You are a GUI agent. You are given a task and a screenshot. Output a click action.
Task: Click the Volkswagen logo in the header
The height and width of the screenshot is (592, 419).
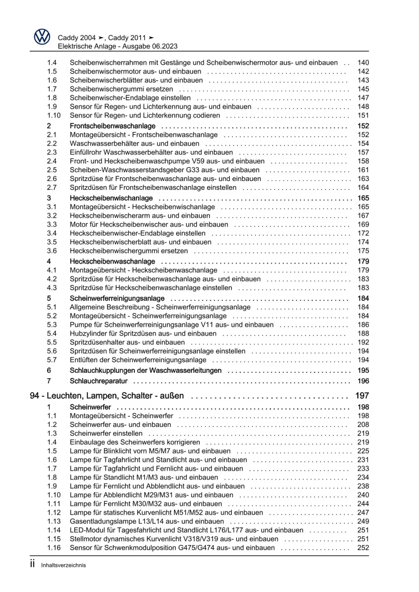pos(42,37)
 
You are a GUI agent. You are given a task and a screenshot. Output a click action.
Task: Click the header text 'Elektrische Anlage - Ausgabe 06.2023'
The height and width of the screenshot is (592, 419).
pos(117,47)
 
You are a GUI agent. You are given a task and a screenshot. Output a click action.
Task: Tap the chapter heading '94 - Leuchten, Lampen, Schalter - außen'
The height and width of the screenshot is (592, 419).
pos(107,396)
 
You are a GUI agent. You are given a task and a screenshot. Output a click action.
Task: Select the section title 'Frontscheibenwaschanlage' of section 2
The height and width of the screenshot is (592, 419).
pos(112,126)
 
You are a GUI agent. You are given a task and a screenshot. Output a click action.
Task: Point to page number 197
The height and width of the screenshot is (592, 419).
pos(362,396)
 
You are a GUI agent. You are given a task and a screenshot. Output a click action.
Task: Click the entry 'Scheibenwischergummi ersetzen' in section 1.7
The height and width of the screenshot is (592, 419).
pos(121,89)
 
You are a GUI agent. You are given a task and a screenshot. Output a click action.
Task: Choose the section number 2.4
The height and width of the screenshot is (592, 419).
pos(52,161)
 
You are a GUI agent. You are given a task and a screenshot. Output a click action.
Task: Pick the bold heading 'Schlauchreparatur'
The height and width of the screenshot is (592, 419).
pos(99,381)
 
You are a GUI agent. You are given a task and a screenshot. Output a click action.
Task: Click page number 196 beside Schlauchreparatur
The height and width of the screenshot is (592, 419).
pos(363,381)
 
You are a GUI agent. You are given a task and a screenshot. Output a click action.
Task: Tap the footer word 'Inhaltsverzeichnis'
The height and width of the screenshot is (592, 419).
pos(63,565)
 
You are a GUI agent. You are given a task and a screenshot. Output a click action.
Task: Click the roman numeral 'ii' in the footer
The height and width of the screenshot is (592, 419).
pos(32,564)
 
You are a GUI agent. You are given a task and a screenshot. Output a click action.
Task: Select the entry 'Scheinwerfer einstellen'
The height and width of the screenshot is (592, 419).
pos(106,434)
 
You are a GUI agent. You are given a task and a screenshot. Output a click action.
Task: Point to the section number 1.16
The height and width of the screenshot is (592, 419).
pos(54,548)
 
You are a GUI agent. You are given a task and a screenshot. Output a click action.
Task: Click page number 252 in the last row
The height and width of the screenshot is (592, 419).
pos(363,548)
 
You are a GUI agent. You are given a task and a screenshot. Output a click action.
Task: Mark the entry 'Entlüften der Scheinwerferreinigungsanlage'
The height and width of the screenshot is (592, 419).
pos(138,360)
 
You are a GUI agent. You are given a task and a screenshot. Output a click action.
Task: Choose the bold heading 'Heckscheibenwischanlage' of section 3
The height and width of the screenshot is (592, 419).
pos(111,198)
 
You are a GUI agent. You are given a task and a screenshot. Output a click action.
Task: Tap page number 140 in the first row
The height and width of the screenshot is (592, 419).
pos(363,63)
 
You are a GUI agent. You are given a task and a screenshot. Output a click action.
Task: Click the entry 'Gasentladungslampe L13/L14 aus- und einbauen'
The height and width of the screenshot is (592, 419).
pos(147,522)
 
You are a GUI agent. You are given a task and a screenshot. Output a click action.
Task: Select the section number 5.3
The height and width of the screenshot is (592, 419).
pos(52,325)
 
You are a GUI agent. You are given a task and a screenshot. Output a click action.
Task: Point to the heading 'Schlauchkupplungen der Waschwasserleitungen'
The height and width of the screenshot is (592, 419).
pos(146,371)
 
